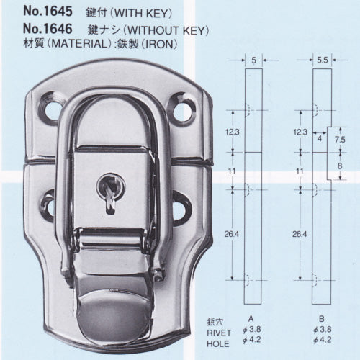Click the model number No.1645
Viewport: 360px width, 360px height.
click(48, 12)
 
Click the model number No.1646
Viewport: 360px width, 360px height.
click(48, 29)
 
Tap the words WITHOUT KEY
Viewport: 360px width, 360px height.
click(166, 30)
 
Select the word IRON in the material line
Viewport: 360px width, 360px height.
click(159, 44)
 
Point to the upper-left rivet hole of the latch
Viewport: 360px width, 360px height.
click(53, 111)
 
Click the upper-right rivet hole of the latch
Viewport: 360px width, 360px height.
click(181, 111)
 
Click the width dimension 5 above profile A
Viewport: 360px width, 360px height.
click(253, 60)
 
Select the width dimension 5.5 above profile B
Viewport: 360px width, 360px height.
click(323, 60)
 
